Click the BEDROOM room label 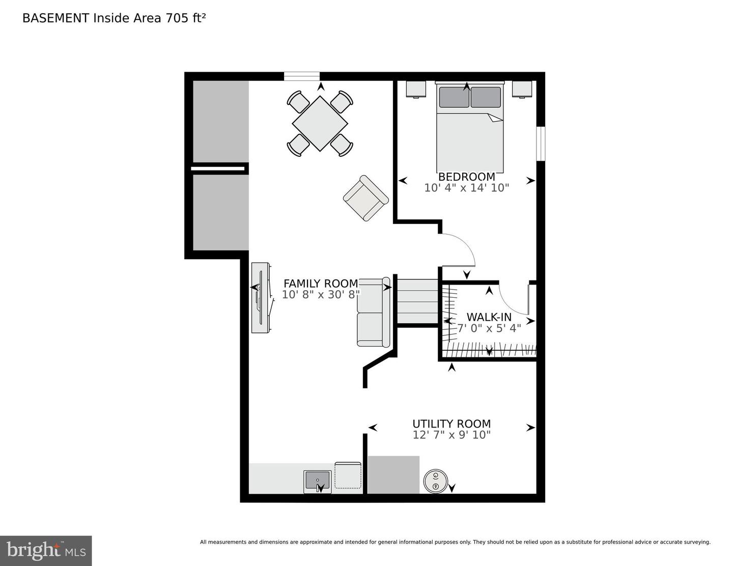tap(466, 177)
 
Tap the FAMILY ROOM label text tap(321, 284)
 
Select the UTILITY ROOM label tap(452, 423)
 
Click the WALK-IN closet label tap(489, 317)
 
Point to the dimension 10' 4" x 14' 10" tap(466, 188)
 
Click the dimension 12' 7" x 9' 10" tap(452, 435)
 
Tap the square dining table tap(320, 123)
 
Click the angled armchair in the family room tap(365, 198)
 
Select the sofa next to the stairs tap(373, 312)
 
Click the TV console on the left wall tap(261, 298)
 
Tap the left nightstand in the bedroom tap(416, 89)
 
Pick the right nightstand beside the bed tap(522, 89)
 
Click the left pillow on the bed tap(454, 97)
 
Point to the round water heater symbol tap(436, 481)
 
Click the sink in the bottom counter tap(317, 480)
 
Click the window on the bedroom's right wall tap(541, 144)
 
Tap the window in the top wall tap(301, 76)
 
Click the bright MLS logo tap(46, 551)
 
